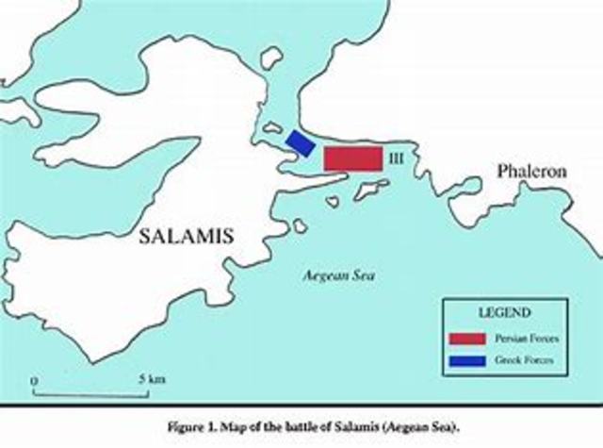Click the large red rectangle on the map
pos(353,158)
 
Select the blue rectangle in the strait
pos(301,141)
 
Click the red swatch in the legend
pos(466,338)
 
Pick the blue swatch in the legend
pos(466,360)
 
